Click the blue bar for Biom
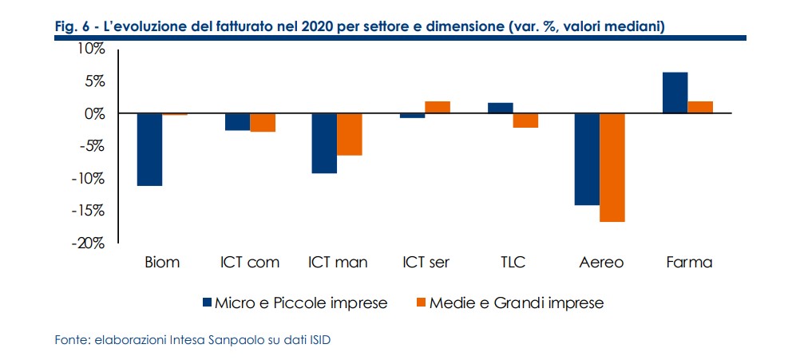150,149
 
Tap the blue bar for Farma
675,93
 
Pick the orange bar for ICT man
350,134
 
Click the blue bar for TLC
501,109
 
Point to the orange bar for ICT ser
438,108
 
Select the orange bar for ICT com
263,122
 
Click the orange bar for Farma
700,108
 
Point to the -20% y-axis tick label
89,243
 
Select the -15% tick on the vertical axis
89,211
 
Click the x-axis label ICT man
337,263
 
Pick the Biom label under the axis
162,263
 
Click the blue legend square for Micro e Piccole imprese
208,303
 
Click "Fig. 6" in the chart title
71,27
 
